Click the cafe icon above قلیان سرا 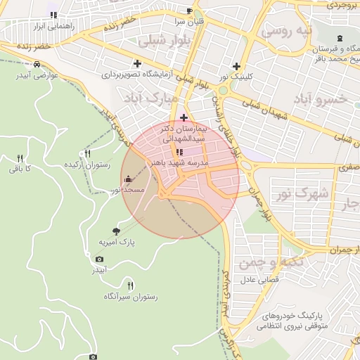tap(189, 11)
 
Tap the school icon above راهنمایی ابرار tap(53, 15)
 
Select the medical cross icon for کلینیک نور tap(236, 65)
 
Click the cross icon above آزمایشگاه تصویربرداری tap(137, 63)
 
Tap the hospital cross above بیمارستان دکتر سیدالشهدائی tap(184, 117)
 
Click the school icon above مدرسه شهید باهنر tap(179, 151)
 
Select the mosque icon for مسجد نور tap(127, 179)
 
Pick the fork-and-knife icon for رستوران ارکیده tap(87, 153)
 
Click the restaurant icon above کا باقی tap(20, 158)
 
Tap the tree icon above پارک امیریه tap(116, 231)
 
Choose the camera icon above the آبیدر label tap(99, 259)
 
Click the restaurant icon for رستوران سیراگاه tap(130, 285)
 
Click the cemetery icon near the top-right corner tap(340, 37)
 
